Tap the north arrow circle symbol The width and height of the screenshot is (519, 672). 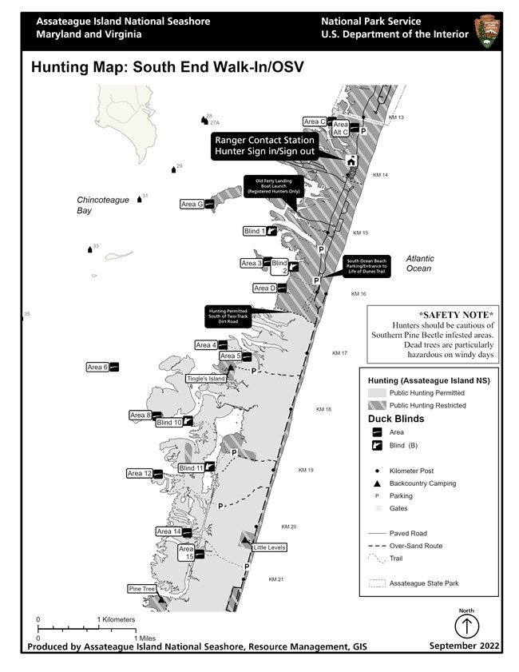(x=467, y=626)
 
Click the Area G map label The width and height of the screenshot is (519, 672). (x=192, y=205)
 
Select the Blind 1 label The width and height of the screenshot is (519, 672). (x=255, y=232)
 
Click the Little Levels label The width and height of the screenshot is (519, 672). (x=269, y=547)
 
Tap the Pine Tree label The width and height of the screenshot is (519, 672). (x=141, y=589)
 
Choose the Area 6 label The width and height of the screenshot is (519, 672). (x=97, y=367)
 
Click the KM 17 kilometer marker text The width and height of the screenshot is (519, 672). (x=340, y=353)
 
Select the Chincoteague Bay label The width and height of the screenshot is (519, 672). (x=103, y=205)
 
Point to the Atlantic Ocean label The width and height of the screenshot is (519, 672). (x=419, y=264)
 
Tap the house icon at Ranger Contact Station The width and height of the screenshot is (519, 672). (x=350, y=161)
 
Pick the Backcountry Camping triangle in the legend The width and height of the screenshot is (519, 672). (x=375, y=483)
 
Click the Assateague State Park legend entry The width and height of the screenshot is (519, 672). (x=424, y=583)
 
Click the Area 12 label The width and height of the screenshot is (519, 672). (x=140, y=474)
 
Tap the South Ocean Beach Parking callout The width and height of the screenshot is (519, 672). (x=366, y=266)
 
